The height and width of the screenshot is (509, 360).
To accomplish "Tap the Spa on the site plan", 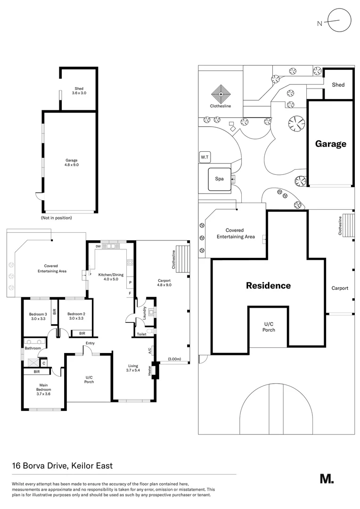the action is coord(220,179).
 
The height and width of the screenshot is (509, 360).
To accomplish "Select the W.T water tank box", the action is coord(205,157).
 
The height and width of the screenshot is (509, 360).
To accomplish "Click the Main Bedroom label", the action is coord(43,390).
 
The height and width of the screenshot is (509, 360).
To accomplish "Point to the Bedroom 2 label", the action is coord(76,316).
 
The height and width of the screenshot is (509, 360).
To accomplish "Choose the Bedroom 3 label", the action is coord(38,317).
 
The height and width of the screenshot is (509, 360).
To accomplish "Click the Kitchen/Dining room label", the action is coord(111,277).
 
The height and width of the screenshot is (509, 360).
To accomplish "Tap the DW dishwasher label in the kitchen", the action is coord(98,246).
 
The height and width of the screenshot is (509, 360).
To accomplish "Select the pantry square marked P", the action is coord(131,282).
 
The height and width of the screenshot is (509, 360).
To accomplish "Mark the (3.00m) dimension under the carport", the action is coord(174,359).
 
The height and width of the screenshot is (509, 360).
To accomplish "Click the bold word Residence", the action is coord(269,286).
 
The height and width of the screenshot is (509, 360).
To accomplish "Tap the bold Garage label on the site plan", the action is coord(331,144).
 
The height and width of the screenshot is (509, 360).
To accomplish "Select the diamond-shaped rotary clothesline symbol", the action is coord(221,94).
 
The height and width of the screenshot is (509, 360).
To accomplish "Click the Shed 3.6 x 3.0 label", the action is coord(79,90).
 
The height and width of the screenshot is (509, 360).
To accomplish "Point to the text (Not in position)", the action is coord(57,218).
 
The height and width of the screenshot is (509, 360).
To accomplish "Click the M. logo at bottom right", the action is coord(327,479).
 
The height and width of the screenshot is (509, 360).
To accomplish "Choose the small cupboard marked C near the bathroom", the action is coord(44,363).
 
